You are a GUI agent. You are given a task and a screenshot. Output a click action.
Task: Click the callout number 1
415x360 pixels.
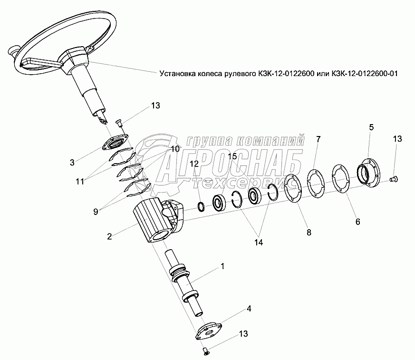click(222, 267)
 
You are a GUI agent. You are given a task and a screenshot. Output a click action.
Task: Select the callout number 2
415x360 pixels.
click(110, 236)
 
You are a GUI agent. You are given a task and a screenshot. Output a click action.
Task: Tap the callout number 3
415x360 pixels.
click(72, 163)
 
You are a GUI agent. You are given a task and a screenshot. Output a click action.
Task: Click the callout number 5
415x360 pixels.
click(371, 127)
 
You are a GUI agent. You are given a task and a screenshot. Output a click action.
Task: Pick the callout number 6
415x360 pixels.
click(357, 222)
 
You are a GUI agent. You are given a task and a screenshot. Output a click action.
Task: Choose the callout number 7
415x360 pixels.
click(318, 139)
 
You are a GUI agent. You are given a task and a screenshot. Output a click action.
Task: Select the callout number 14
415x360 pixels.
click(258, 242)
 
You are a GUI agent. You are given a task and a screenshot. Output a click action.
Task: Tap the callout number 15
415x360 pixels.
click(232, 156)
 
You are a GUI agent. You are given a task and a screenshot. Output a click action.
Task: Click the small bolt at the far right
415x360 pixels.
click(393, 179)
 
